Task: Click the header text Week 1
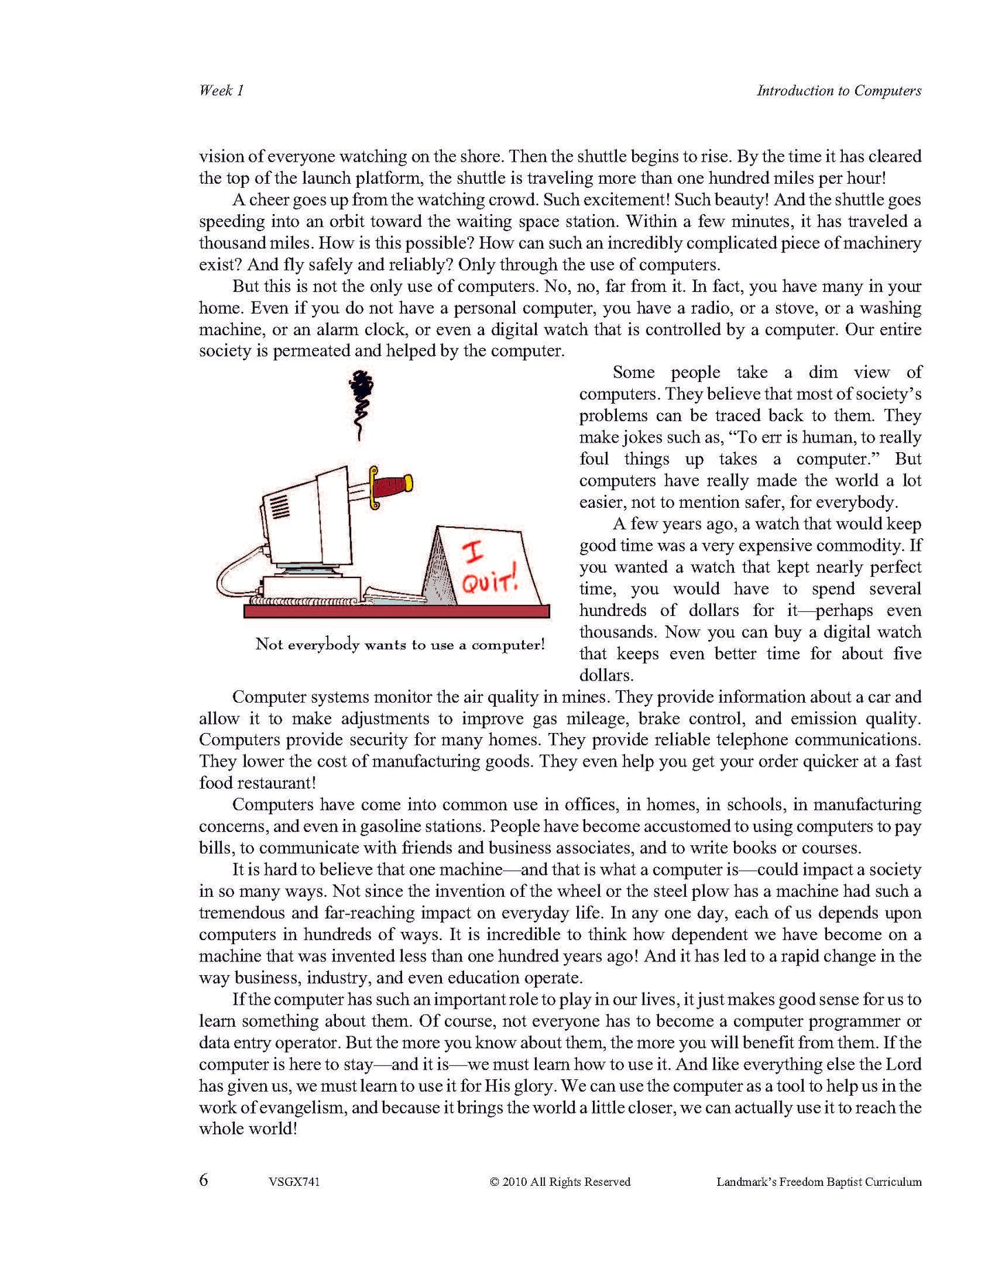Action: coord(221,90)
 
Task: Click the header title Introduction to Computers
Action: coord(839,90)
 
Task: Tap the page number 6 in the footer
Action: coord(204,1180)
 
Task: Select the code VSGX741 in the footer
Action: coord(294,1182)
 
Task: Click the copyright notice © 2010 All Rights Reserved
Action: coord(560,1182)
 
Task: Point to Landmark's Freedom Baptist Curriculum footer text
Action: coord(819,1182)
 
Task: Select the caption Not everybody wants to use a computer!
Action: coord(400,645)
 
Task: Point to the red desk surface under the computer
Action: coord(397,611)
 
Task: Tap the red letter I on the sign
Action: coord(473,552)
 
